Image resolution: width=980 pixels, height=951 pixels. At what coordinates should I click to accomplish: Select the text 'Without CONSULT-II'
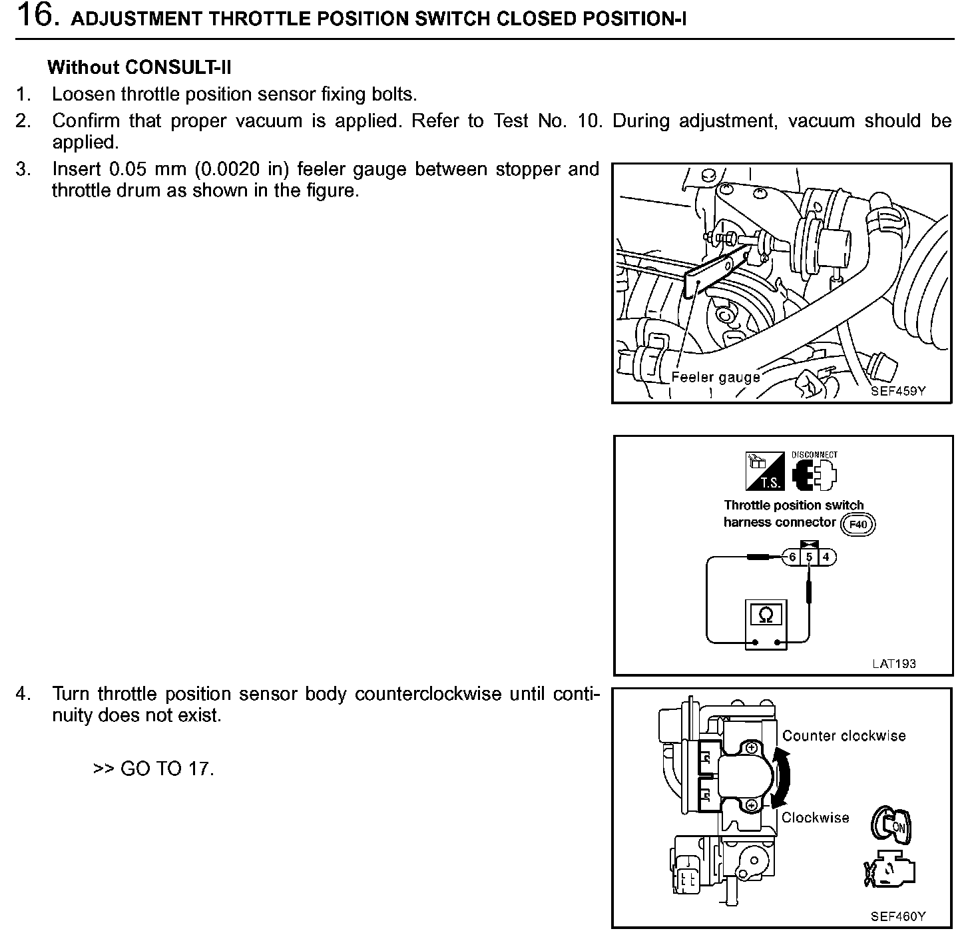[139, 67]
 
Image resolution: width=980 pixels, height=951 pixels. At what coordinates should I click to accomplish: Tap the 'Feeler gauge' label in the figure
[715, 377]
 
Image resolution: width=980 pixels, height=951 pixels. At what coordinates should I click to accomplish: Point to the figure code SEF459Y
[898, 391]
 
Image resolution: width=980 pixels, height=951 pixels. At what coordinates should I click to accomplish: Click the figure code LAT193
[894, 663]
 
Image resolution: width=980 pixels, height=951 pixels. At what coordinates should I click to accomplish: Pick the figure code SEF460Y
[898, 916]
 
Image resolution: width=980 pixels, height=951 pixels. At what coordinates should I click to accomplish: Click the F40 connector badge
[858, 524]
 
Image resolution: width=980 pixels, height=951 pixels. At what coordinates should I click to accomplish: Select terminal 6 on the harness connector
[792, 557]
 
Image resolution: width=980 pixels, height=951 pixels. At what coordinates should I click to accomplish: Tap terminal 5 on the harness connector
[809, 557]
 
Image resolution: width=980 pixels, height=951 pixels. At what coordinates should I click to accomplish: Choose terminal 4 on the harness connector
[826, 557]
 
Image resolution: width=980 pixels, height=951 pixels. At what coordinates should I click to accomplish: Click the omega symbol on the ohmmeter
[766, 615]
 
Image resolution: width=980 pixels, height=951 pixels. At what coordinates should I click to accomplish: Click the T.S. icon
[764, 472]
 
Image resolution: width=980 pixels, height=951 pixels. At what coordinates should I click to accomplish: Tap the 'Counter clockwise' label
[844, 736]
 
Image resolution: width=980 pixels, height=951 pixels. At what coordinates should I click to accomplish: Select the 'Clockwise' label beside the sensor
[815, 818]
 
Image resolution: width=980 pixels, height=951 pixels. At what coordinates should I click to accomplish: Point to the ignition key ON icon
[890, 826]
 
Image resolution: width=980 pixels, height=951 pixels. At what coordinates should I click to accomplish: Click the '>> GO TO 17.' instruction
[154, 769]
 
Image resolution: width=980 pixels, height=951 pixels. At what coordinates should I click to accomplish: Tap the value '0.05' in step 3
[127, 169]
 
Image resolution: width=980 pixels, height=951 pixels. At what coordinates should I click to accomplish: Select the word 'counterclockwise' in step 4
[428, 694]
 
